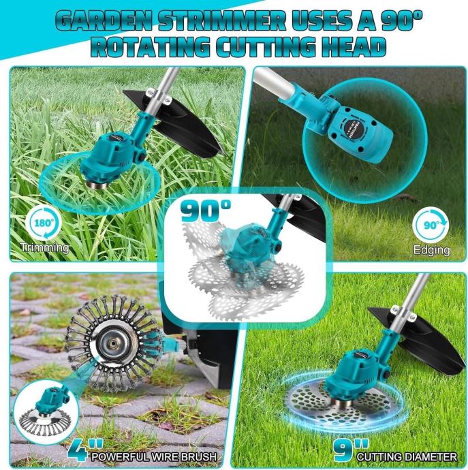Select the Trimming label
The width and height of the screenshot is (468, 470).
click(x=45, y=248)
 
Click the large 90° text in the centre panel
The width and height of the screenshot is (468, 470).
click(x=206, y=210)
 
